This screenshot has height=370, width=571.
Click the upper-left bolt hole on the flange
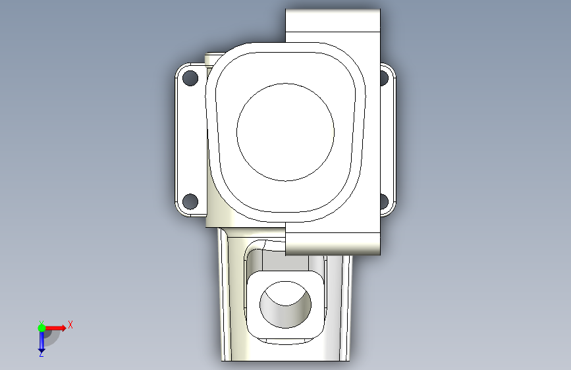(x=190, y=78)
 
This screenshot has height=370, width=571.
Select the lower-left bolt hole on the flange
(x=190, y=201)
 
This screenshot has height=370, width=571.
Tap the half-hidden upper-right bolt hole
(x=384, y=78)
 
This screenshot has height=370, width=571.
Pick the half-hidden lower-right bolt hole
(x=384, y=201)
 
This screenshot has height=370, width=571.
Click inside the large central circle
(x=286, y=132)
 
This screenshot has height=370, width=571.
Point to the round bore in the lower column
(x=286, y=304)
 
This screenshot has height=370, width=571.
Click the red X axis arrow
(x=55, y=328)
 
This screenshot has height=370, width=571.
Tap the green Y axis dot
(x=41, y=328)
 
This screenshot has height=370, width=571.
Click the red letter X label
(x=70, y=325)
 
